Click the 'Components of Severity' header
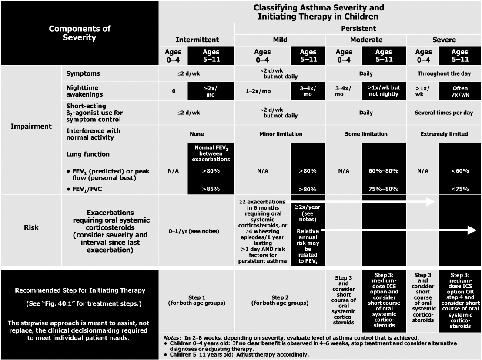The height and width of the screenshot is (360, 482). click(80, 33)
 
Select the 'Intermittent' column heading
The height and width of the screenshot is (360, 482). click(197, 40)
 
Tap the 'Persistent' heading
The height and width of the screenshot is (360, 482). click(358, 29)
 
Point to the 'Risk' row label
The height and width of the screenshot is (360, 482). click(31, 227)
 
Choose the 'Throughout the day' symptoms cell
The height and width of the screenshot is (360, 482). click(444, 73)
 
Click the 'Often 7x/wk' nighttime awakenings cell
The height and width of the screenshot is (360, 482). click(460, 91)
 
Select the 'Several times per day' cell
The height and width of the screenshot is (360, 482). click(444, 113)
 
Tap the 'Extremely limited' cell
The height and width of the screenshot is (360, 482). click(444, 134)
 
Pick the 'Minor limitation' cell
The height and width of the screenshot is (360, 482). click(280, 134)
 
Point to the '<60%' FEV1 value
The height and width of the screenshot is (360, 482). click(460, 171)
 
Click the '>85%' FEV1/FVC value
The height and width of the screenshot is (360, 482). click(211, 189)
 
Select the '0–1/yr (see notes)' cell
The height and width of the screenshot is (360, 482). click(197, 231)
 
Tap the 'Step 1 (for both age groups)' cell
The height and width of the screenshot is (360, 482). click(197, 300)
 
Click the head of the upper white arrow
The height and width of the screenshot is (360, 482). click(431, 202)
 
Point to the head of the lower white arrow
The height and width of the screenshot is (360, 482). click(472, 230)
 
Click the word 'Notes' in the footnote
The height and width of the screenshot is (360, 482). click(172, 338)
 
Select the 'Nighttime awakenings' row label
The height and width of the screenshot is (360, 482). click(84, 91)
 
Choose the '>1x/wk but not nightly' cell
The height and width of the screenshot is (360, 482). click(383, 91)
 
